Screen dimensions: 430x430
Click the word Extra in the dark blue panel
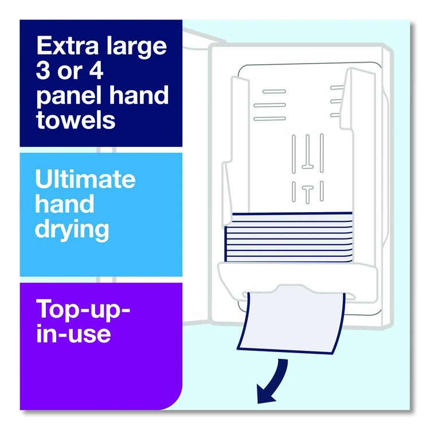click(68, 45)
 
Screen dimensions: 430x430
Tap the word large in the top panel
click(137, 48)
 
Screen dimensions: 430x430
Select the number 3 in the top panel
click(44, 71)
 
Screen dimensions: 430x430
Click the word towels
click(76, 120)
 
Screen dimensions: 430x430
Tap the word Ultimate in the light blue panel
click(85, 179)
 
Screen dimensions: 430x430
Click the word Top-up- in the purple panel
click(83, 310)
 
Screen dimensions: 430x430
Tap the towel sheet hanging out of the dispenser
click(291, 322)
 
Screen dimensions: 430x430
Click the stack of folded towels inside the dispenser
click(288, 237)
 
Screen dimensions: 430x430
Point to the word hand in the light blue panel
click(65, 204)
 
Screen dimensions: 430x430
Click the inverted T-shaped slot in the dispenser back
click(308, 152)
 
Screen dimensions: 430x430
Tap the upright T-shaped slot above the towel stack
click(308, 194)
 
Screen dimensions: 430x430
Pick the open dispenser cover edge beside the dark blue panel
click(204, 39)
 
